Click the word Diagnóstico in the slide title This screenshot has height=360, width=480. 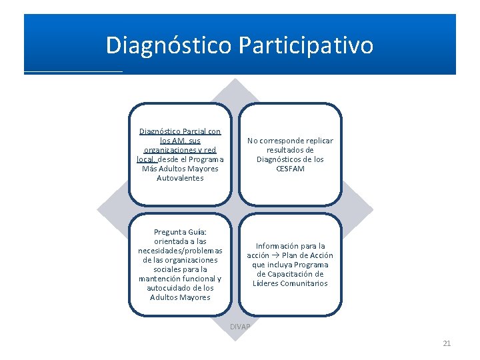(x=167, y=45)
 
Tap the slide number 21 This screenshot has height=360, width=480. (x=447, y=343)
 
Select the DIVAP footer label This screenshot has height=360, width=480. (x=240, y=327)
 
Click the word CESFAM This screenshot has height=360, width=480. (x=290, y=169)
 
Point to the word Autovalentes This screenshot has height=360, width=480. (x=180, y=178)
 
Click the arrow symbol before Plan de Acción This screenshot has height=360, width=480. (x=276, y=255)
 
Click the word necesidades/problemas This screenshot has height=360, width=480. (x=180, y=251)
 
